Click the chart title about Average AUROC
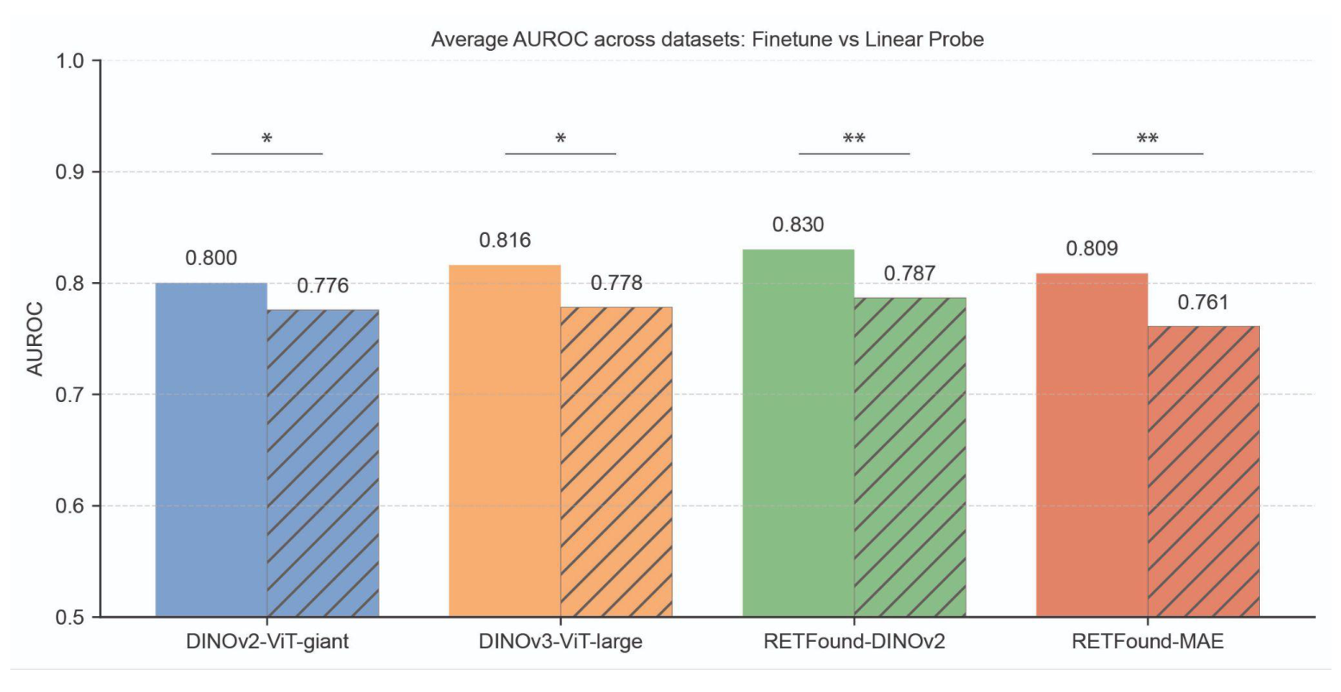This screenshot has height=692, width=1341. [x=707, y=39]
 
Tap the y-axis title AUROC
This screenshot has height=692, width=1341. [x=35, y=338]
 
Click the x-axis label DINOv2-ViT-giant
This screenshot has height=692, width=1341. [x=268, y=642]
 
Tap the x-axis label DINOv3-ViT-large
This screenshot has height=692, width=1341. [x=561, y=642]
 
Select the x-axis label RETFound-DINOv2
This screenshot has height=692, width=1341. [x=854, y=642]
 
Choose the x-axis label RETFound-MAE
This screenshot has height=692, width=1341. [x=1148, y=642]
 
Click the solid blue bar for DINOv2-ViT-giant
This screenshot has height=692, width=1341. [x=211, y=449]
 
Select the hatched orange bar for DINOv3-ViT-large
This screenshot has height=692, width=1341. [x=616, y=462]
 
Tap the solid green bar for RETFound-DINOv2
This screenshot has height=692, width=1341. [x=798, y=431]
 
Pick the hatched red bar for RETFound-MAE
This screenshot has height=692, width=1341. [x=1203, y=470]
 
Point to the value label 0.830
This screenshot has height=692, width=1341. [x=798, y=225]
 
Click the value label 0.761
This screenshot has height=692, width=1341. [x=1203, y=303]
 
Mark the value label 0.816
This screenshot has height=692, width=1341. [x=505, y=241]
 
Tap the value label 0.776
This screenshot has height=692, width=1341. [x=323, y=286]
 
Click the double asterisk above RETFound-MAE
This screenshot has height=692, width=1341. [x=1148, y=139]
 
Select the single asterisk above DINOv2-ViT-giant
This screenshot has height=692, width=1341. [x=268, y=139]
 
